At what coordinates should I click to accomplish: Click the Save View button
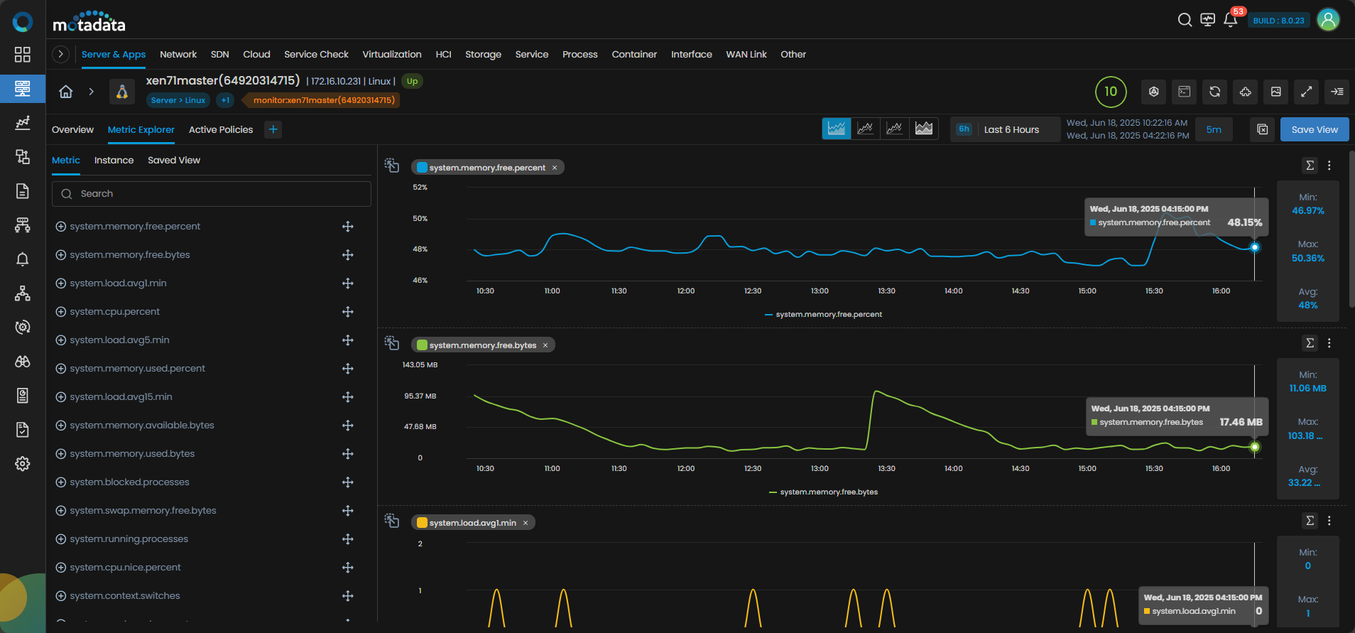(1314, 129)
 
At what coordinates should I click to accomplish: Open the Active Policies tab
(221, 129)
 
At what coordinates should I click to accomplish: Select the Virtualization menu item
(392, 54)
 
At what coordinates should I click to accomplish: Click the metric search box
(212, 193)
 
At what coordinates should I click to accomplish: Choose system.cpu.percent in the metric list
(114, 311)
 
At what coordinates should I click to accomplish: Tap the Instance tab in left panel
(114, 160)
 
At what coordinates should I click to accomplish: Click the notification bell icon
(1230, 20)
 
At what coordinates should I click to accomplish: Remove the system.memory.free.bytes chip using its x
(545, 345)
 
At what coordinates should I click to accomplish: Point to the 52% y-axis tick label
(420, 187)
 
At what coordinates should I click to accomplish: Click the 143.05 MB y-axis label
(420, 364)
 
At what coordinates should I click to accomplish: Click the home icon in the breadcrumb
(66, 91)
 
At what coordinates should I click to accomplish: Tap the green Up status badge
(412, 81)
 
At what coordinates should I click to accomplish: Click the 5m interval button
(1214, 129)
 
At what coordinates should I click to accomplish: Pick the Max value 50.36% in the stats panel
(1307, 258)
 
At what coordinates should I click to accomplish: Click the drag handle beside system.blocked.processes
(347, 482)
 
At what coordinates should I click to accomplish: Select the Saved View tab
(174, 160)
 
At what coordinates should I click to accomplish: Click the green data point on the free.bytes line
(1255, 447)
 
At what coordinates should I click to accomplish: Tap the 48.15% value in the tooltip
(1244, 222)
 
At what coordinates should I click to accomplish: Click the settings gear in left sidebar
(23, 463)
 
